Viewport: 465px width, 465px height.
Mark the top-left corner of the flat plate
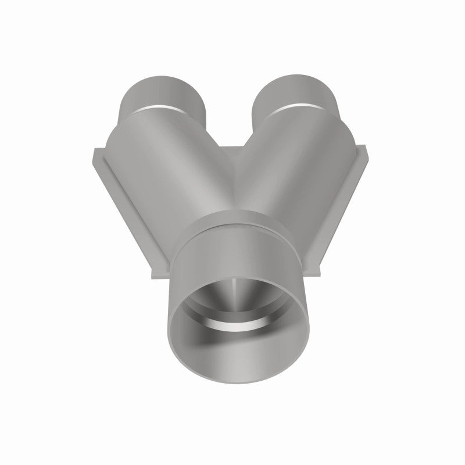[x=93, y=151]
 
